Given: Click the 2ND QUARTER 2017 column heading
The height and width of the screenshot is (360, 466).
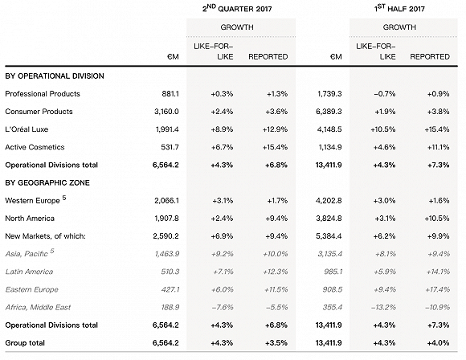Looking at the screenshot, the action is (x=237, y=8).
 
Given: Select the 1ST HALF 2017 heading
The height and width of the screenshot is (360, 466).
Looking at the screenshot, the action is (x=399, y=8).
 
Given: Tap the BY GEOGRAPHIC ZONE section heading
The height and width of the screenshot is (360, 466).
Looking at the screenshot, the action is (x=47, y=182).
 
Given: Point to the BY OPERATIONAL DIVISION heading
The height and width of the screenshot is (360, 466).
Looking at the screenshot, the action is (x=55, y=76).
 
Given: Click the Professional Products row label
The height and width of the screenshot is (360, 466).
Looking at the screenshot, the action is (x=43, y=94).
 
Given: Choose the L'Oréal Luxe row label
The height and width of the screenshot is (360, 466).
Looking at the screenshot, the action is (x=27, y=129).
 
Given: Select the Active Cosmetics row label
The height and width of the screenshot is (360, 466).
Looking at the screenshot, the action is (x=35, y=147).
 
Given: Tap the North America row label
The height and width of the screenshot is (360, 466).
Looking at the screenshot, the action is (x=30, y=219).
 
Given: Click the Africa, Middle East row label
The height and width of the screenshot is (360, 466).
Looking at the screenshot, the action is (x=38, y=308).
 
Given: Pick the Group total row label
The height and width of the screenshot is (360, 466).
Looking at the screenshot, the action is (x=25, y=343).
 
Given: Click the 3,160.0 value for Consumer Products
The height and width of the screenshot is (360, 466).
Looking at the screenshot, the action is (x=166, y=112).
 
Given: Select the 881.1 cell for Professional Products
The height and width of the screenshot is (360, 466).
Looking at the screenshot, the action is (x=170, y=94).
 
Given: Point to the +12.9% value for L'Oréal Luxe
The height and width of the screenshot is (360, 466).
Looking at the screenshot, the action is (x=275, y=129).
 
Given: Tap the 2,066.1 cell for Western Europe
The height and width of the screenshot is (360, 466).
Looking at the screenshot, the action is (x=166, y=200).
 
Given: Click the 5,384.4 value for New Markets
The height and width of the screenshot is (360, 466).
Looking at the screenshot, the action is (x=329, y=236).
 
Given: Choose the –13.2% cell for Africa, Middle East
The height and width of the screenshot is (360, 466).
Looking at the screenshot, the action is (x=383, y=308).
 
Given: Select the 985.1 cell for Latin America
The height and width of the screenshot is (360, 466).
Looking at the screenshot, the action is (x=333, y=272).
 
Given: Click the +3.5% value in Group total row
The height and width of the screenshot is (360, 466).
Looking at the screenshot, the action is (x=276, y=343).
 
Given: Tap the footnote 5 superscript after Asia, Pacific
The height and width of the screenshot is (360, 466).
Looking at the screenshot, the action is (x=52, y=251).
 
